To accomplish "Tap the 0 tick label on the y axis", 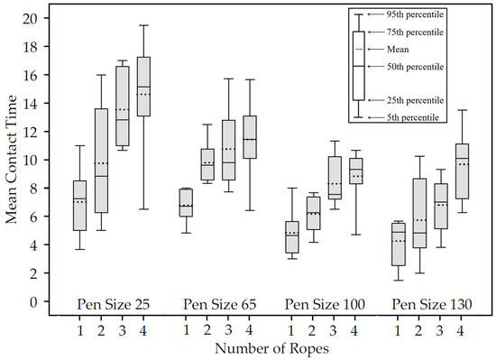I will [x=34, y=300].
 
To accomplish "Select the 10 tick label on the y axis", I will [x=31, y=160].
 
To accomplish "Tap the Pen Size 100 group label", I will [x=325, y=305].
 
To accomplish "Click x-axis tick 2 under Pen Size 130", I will [x=418, y=330].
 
